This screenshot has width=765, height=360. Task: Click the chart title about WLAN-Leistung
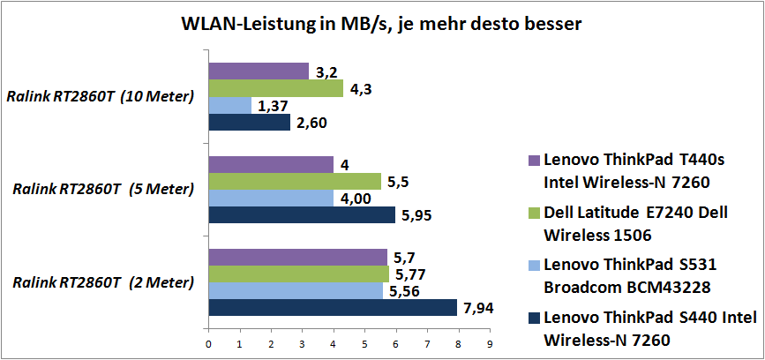click(x=382, y=24)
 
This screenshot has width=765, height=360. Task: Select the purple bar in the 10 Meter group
click(x=259, y=71)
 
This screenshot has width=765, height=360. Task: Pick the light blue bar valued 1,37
click(x=229, y=106)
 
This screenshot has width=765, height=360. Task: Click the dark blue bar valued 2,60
click(x=249, y=123)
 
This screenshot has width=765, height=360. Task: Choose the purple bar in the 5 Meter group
click(x=271, y=165)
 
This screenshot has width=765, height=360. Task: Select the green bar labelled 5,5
click(x=295, y=182)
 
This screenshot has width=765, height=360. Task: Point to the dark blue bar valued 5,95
click(x=302, y=215)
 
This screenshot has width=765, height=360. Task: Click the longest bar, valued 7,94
click(x=333, y=307)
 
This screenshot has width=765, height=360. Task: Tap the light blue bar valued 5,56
click(x=296, y=290)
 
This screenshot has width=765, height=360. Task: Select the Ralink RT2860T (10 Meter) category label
click(x=101, y=97)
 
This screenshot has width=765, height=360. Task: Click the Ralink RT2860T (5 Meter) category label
click(x=104, y=190)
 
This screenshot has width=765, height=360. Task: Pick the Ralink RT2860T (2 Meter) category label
click(x=104, y=282)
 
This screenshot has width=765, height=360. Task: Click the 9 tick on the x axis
click(x=490, y=345)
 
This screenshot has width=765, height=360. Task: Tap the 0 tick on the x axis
click(x=208, y=345)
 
